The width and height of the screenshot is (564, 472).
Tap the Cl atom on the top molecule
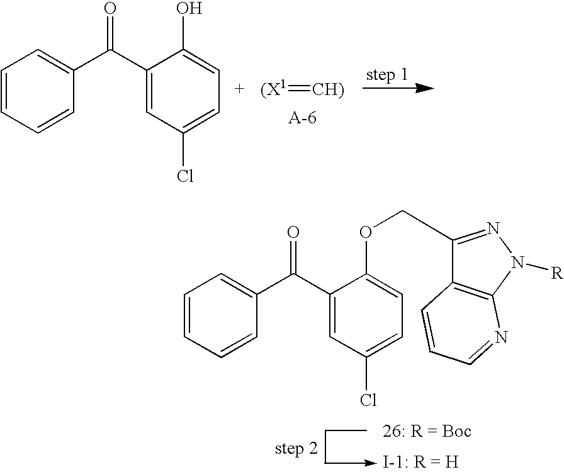tap(184, 176)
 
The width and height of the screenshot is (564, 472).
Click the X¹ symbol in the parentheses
tap(275, 89)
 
